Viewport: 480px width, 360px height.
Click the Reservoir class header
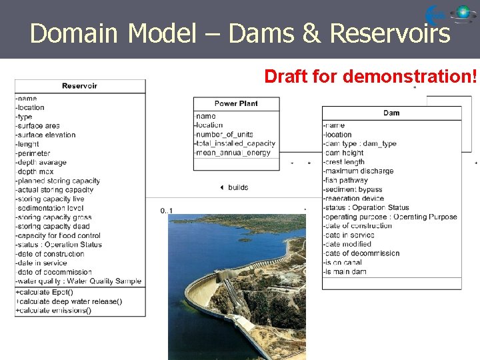(x=79, y=85)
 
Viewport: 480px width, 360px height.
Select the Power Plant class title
(x=236, y=103)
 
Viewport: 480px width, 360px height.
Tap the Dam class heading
(x=391, y=113)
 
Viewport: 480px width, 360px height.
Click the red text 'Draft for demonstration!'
(x=371, y=77)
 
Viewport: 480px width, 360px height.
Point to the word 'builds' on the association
(x=237, y=187)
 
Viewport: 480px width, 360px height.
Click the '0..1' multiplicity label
(x=166, y=211)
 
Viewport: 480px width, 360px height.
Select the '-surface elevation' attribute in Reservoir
(x=46, y=135)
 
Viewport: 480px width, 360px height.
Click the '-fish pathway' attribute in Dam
(x=345, y=180)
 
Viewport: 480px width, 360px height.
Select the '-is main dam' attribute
(x=345, y=271)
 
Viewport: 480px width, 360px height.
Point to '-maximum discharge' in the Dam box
(x=358, y=171)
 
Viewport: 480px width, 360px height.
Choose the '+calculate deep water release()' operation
(x=69, y=301)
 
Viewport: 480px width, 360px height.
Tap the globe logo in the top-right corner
(x=463, y=13)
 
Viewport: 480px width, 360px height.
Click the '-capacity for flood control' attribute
(x=58, y=235)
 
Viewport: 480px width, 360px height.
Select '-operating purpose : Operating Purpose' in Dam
(x=390, y=217)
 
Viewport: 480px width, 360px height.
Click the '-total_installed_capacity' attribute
(x=234, y=143)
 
